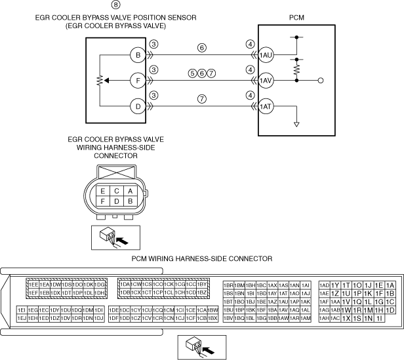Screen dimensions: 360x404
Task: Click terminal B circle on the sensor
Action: click(137, 55)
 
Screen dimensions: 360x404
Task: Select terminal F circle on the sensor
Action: click(137, 81)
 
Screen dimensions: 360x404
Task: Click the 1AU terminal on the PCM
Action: click(266, 55)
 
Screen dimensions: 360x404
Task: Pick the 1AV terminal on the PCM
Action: click(266, 81)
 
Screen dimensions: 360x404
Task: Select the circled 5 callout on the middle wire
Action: click(192, 73)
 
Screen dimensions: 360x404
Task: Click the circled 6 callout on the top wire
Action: click(201, 47)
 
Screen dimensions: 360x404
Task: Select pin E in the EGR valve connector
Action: click(102, 190)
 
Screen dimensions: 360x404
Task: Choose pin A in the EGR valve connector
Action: click(130, 190)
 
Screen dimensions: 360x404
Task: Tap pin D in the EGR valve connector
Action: click(116, 201)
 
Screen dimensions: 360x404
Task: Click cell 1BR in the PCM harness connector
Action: click(228, 285)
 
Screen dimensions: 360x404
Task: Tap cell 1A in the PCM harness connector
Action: click(390, 285)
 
